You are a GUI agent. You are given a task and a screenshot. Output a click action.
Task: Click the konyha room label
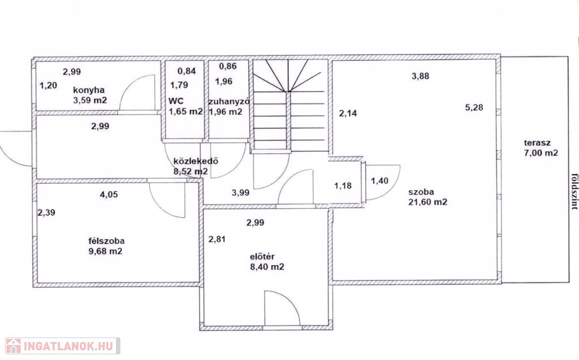pos(89,90)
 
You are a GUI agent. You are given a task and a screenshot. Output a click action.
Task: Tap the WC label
pos(176,101)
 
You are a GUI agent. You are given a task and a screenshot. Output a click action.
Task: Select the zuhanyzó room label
pos(228,102)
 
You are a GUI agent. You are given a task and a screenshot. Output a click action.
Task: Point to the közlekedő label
pos(196,161)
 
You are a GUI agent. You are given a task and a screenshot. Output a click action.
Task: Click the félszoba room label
pos(106,241)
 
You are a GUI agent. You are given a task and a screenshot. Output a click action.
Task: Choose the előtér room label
pos(262,257)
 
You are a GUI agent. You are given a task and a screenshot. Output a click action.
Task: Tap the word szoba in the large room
pos(421,192)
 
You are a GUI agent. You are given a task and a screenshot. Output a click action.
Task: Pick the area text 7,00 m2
pos(541,153)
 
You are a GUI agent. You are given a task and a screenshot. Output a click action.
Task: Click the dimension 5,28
pos(474,108)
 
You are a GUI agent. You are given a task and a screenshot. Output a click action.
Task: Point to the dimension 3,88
pos(421,76)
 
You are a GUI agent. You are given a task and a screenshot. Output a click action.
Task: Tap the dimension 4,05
pos(109,194)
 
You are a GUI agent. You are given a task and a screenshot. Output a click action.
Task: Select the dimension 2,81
pos(217,239)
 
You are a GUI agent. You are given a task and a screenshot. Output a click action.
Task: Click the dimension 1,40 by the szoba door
pos(379,180)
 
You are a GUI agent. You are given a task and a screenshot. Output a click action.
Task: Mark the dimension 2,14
pos(348,114)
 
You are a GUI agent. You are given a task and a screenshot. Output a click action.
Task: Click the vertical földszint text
pos(574,191)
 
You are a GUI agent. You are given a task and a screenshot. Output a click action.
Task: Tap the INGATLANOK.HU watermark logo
pos(62,346)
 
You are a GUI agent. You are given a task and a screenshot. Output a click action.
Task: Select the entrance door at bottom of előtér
pos(283,309)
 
